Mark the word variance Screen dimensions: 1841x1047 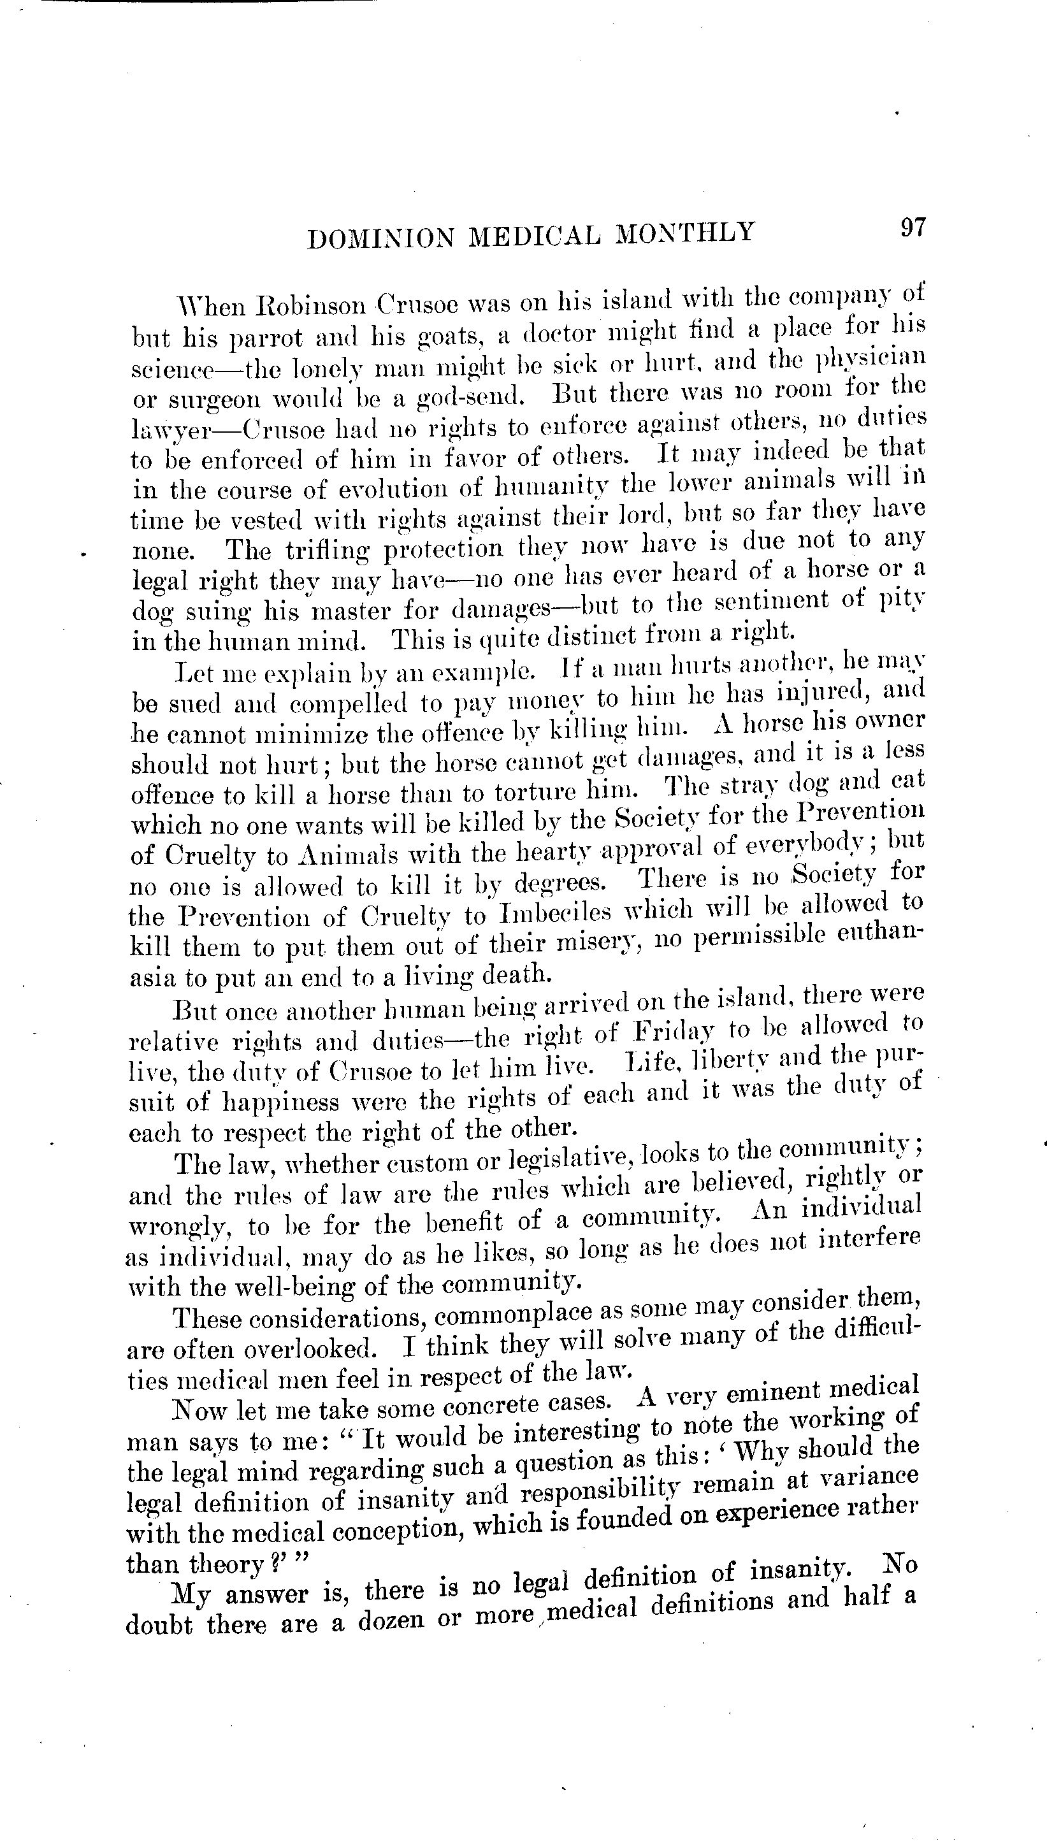point(874,1476)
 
